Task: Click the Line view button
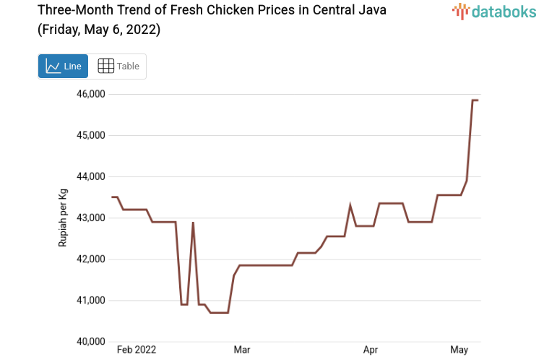pyautogui.click(x=63, y=66)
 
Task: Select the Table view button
pyautogui.click(x=118, y=66)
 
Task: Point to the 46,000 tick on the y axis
pyautogui.click(x=91, y=94)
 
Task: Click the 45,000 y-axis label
pyautogui.click(x=91, y=135)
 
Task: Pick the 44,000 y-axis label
pyautogui.click(x=91, y=176)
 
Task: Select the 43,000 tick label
pyautogui.click(x=91, y=218)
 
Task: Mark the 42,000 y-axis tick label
pyautogui.click(x=91, y=259)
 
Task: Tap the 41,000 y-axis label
pyautogui.click(x=91, y=300)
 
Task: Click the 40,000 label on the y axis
pyautogui.click(x=91, y=341)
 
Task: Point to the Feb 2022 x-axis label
pyautogui.click(x=137, y=350)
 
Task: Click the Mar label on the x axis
pyautogui.click(x=242, y=350)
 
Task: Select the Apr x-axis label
pyautogui.click(x=371, y=350)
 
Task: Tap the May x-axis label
pyautogui.click(x=459, y=350)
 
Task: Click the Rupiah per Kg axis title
pyautogui.click(x=64, y=218)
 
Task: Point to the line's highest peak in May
pyautogui.click(x=474, y=100)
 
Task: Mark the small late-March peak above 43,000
pyautogui.click(x=350, y=206)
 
